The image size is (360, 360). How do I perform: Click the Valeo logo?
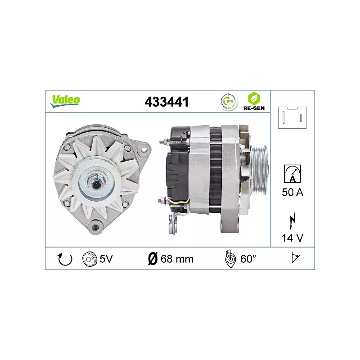point(65,101)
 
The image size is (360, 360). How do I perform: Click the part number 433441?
point(166,102)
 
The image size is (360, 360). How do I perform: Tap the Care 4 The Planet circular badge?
point(229,102)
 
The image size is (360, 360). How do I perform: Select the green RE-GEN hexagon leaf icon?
point(254,99)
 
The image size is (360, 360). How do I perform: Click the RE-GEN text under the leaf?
point(254,108)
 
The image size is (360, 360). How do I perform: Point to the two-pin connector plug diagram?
point(292,117)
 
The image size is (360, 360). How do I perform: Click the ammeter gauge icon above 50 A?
point(292,174)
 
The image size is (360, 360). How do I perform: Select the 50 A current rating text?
point(292,193)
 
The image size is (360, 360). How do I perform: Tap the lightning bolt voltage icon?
point(292,219)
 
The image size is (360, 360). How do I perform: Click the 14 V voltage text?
point(292,238)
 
